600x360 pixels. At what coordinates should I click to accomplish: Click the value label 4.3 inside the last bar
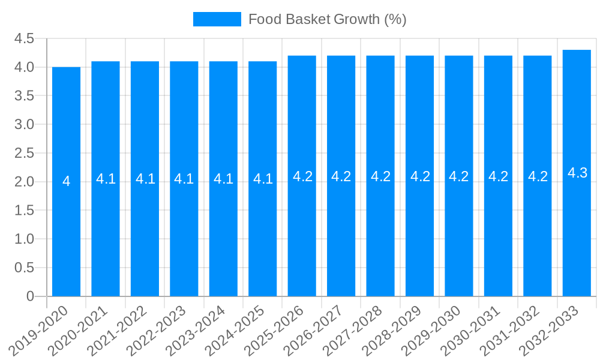click(577, 173)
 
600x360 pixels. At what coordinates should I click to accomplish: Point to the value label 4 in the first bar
click(66, 181)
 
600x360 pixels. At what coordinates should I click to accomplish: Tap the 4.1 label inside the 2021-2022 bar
click(145, 179)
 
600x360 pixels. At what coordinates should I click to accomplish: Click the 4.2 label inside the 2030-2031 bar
click(498, 176)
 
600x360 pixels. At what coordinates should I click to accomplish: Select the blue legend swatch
click(217, 19)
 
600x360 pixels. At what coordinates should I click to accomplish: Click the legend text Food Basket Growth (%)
click(327, 19)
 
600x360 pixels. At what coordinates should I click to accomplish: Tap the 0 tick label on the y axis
click(30, 296)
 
